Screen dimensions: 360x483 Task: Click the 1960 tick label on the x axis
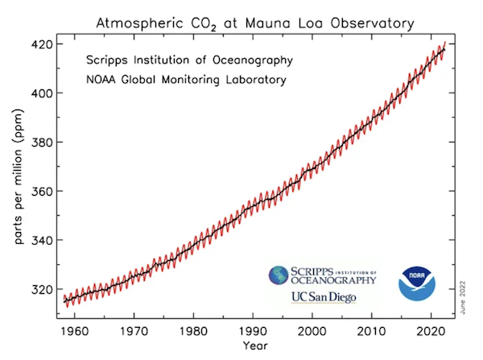75,331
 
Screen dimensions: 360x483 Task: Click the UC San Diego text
321,298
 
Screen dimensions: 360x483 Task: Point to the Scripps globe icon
279,277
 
